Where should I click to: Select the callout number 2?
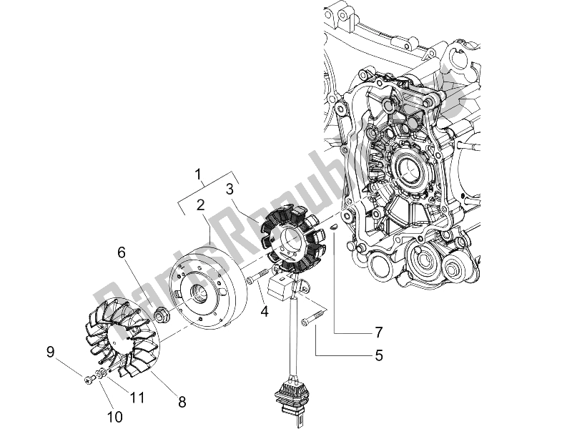(x=201, y=205)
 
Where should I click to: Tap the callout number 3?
(x=230, y=189)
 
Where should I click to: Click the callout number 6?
(x=122, y=252)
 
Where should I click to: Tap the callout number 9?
(x=51, y=351)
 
